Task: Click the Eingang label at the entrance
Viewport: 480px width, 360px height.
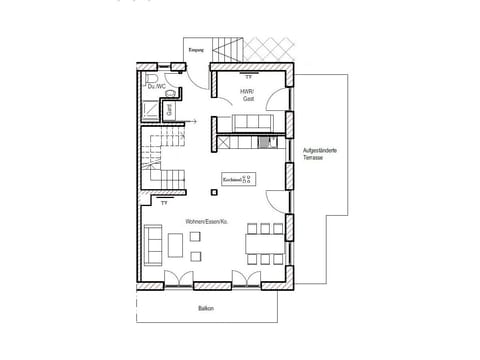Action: pos(196,49)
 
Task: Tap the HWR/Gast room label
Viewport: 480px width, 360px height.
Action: pos(247,94)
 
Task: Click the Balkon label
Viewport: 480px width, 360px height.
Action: pos(206,308)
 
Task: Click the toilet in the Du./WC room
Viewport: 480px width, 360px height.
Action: pos(151,77)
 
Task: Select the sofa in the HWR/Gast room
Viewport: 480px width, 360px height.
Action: pos(250,123)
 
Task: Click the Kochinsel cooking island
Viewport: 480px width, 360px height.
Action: pos(238,180)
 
